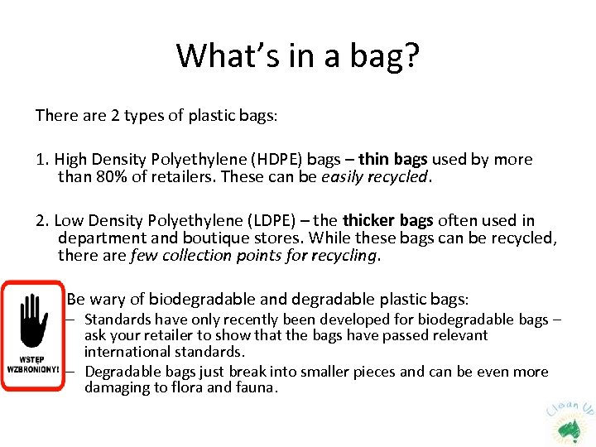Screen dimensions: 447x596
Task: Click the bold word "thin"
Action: [x=374, y=159]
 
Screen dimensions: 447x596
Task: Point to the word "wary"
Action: [x=113, y=299]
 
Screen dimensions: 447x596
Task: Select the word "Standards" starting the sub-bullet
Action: [x=118, y=320]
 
